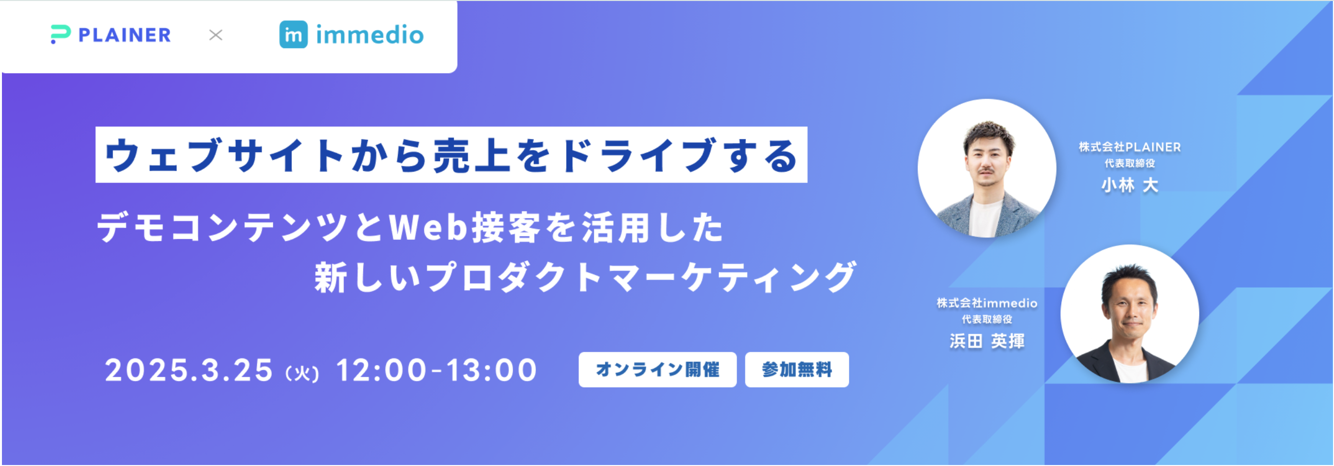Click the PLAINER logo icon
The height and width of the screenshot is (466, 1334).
[x=60, y=35]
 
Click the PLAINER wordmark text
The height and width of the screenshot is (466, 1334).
[x=124, y=35]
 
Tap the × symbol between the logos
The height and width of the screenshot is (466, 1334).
[x=215, y=35]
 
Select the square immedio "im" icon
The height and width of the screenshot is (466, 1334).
[x=293, y=35]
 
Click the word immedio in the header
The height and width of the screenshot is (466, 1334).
[x=370, y=35]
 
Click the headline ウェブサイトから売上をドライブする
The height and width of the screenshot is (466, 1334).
[x=451, y=155]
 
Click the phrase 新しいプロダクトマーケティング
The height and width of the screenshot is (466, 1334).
[x=585, y=277]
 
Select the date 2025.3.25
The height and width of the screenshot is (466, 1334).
[x=189, y=370]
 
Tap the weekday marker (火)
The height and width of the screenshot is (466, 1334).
[x=303, y=373]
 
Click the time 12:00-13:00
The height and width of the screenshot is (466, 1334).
[x=437, y=370]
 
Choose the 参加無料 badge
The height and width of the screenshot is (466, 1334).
[x=797, y=369]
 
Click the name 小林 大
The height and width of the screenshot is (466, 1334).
[x=1129, y=185]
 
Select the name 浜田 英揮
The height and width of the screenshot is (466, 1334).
[x=987, y=341]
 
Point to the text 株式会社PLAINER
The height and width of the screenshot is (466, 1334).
[x=1130, y=147]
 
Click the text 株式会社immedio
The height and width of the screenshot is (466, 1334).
[x=987, y=303]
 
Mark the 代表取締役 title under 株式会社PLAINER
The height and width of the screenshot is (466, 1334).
[x=1130, y=163]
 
